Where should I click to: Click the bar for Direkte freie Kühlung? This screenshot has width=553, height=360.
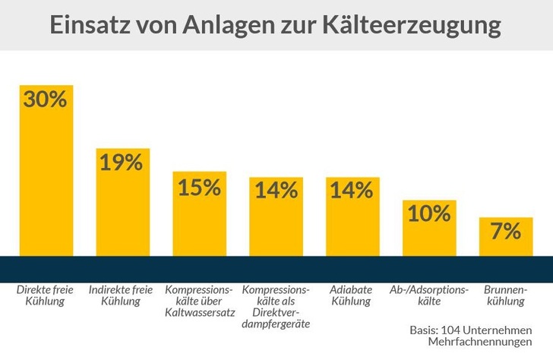pos(46,182)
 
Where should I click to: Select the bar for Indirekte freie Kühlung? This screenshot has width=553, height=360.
pos(122,213)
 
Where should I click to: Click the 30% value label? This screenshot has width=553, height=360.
pos(46,99)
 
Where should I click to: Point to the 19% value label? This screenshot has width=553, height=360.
pos(122,162)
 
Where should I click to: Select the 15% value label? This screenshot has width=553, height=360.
pos(199,187)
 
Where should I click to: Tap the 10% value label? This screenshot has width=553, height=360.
pos(429,213)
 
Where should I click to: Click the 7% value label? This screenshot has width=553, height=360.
pos(505,231)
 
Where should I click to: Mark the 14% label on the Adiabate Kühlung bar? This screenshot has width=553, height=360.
pos(352,190)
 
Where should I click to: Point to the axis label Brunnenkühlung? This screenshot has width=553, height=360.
pos(505,295)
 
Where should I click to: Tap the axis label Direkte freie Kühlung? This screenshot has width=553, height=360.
pos(43,295)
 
